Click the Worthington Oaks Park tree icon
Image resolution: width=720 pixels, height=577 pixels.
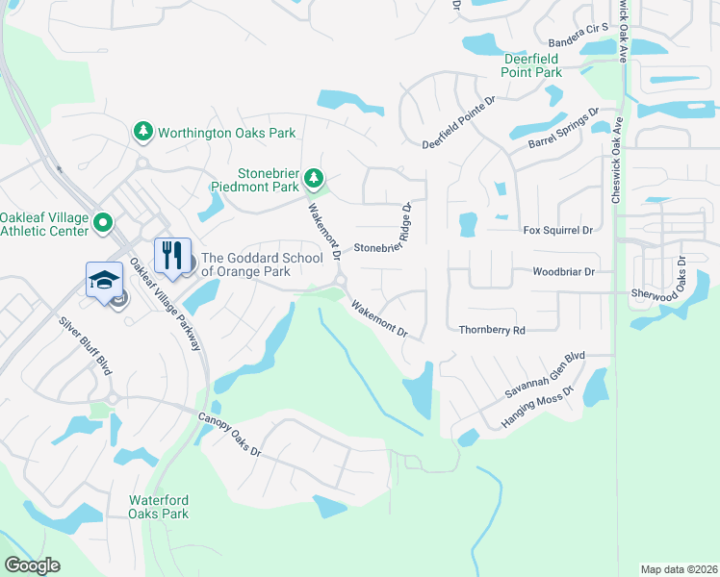tap(143, 131)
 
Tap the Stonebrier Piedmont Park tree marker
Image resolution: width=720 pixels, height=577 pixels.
tap(314, 178)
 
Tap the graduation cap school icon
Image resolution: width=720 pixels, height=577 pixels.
tap(104, 280)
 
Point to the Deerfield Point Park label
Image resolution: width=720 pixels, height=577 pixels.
tap(533, 65)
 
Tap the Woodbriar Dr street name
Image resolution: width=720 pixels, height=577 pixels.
tap(565, 272)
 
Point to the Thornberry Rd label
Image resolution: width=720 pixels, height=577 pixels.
tap(492, 330)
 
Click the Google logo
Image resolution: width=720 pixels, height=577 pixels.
tap(32, 565)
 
